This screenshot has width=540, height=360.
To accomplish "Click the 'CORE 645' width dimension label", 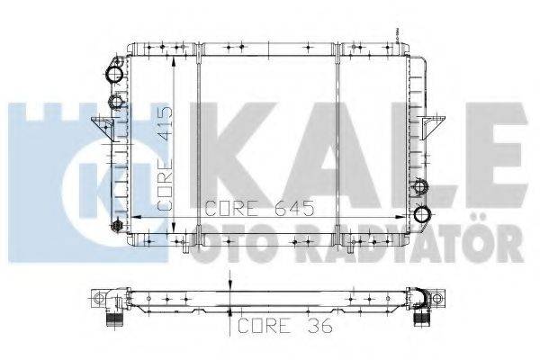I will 258,209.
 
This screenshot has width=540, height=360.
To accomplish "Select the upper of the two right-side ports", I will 419,187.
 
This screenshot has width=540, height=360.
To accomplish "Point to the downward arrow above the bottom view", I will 231,286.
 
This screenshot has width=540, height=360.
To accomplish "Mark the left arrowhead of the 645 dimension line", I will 134,217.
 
